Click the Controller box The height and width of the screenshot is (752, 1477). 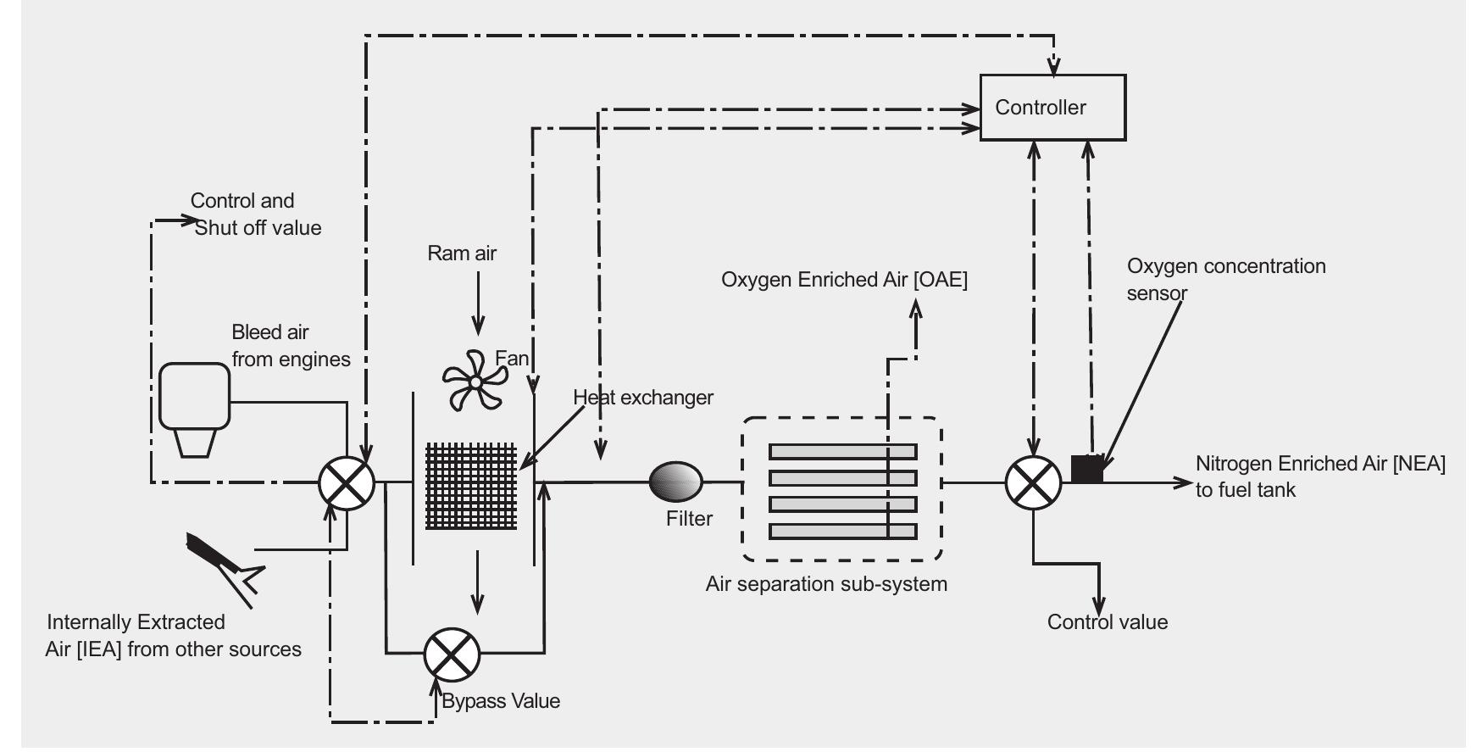1052,108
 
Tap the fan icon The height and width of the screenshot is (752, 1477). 475,382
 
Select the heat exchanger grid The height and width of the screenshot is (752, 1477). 470,486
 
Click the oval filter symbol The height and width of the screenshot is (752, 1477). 675,482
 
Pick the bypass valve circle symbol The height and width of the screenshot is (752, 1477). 452,654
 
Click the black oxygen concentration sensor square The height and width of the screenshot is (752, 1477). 1086,469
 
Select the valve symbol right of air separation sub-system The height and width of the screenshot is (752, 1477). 1033,482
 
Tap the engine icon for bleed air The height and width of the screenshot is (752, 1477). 194,407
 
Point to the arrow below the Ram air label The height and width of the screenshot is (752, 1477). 479,309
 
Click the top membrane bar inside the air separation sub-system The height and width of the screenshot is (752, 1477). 842,451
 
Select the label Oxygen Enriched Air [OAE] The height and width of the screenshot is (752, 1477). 844,280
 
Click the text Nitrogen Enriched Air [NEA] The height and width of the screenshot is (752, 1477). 1319,464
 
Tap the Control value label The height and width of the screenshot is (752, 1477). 1107,622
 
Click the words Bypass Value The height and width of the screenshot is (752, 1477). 501,701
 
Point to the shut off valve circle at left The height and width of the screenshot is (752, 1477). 347,483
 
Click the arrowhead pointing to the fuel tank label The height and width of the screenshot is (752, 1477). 1183,482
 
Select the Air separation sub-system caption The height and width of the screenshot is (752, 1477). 826,584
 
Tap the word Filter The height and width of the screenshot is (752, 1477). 689,519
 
